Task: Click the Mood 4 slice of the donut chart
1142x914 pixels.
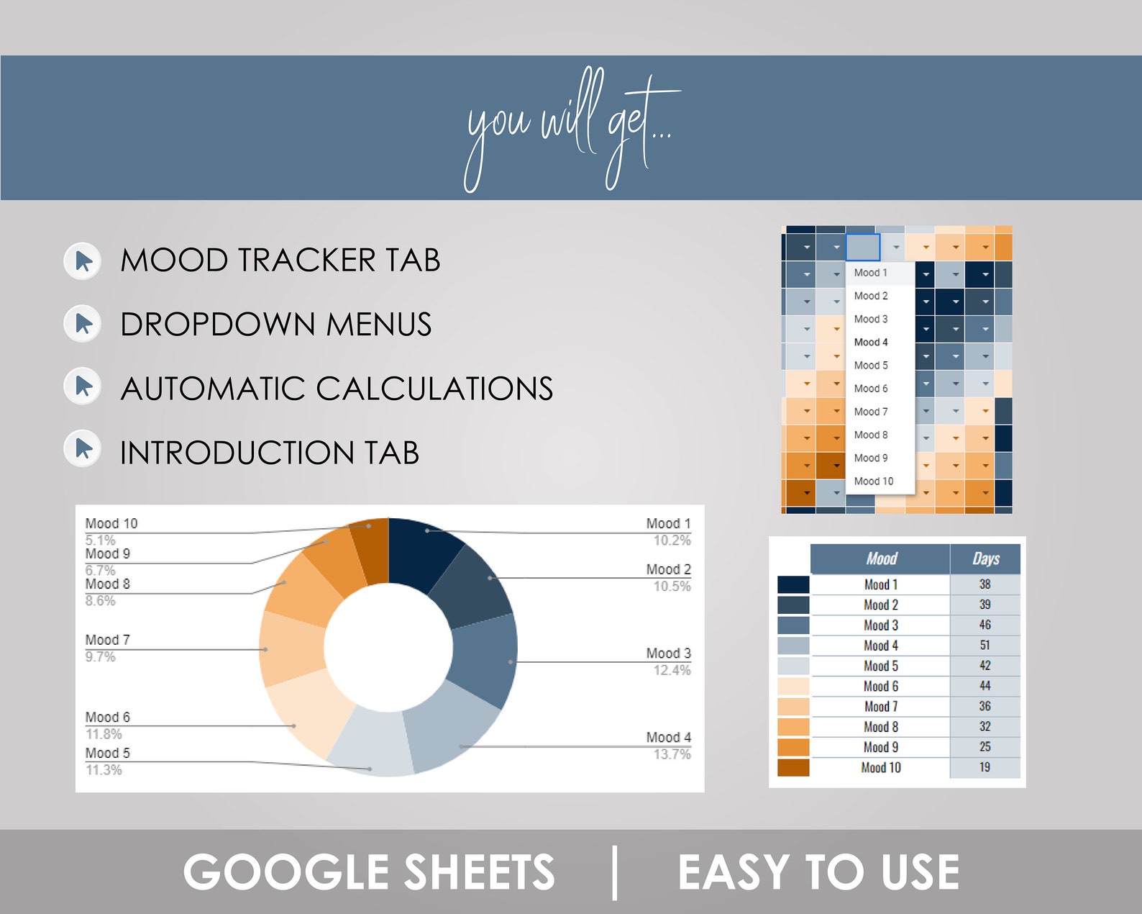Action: click(453, 727)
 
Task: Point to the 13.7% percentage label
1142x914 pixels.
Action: click(672, 754)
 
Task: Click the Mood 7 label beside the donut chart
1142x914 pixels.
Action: click(108, 640)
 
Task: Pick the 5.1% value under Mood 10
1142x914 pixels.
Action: click(100, 540)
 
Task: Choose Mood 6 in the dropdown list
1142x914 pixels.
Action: click(871, 389)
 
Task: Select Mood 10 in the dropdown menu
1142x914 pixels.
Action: click(874, 481)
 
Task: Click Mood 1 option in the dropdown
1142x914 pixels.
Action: click(870, 273)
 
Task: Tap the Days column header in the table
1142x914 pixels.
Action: click(985, 558)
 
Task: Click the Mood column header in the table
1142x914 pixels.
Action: click(881, 558)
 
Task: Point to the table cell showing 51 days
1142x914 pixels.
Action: click(985, 646)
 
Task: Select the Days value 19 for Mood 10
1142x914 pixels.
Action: click(985, 767)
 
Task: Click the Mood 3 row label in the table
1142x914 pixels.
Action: click(881, 625)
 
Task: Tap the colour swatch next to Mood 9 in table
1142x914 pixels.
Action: click(793, 747)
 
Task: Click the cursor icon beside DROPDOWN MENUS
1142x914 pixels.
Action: click(83, 324)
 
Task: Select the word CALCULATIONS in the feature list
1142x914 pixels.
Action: click(434, 389)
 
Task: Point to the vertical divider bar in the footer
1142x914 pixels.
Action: click(615, 872)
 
